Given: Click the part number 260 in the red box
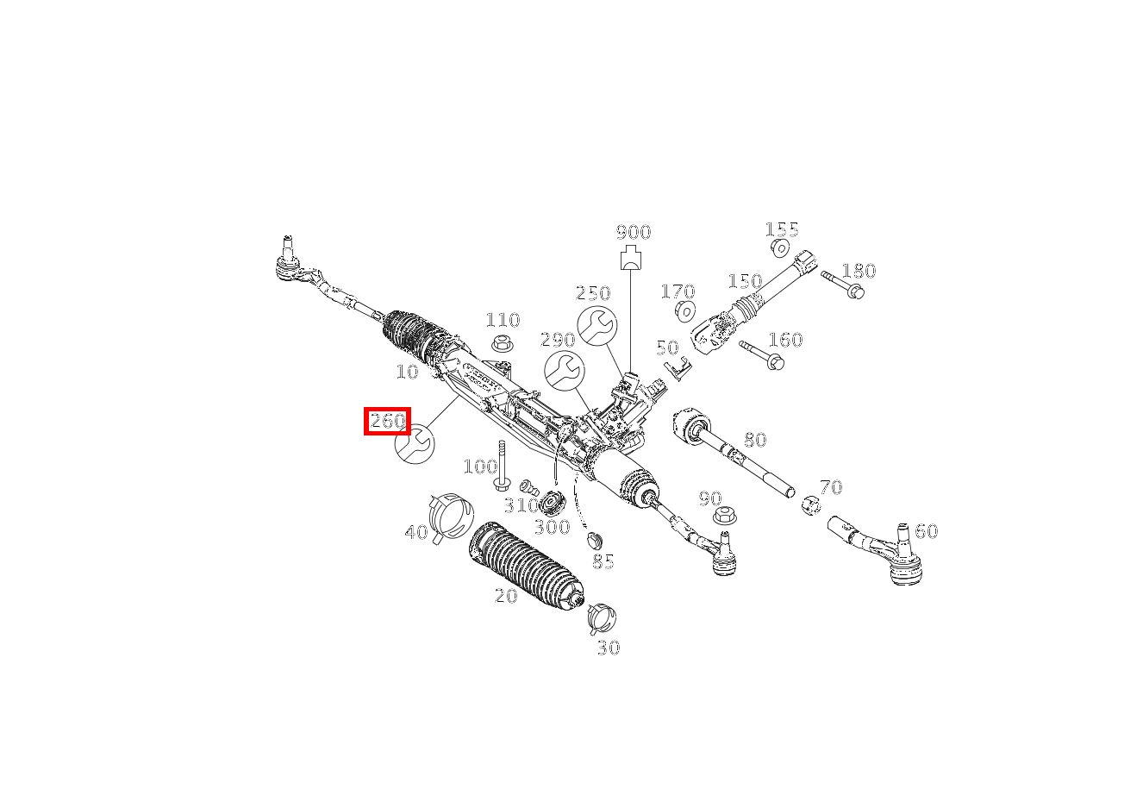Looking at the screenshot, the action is click(x=387, y=422).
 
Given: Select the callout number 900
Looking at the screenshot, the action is click(x=634, y=232).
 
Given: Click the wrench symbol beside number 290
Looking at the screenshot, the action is click(x=564, y=371).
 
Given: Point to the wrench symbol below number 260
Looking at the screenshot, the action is click(x=415, y=444).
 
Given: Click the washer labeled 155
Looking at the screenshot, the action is click(x=780, y=249).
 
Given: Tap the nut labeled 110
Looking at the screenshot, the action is click(x=503, y=344).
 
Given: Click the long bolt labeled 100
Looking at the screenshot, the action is click(x=502, y=466).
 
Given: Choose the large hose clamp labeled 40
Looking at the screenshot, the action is click(x=450, y=515).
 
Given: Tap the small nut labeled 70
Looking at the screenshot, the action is click(x=810, y=504).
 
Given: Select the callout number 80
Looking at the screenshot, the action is click(x=754, y=441).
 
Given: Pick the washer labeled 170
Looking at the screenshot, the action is click(x=685, y=310).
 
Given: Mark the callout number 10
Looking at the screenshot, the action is click(x=407, y=372).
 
